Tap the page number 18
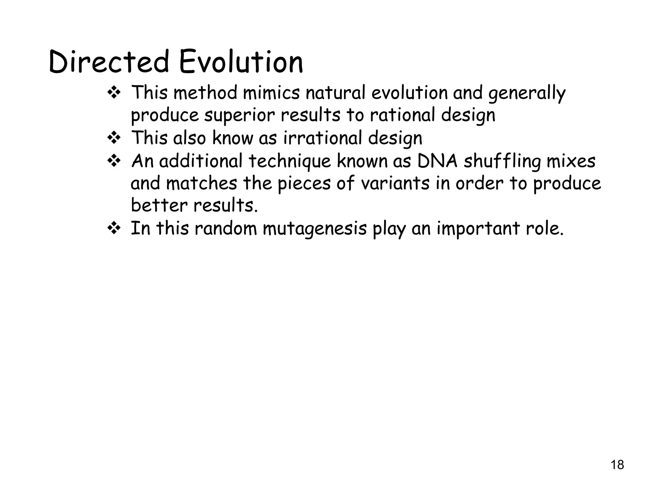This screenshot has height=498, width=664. point(617,465)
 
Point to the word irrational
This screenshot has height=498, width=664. point(322,138)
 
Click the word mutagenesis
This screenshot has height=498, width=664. point(314,229)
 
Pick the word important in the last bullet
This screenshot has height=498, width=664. point(478,229)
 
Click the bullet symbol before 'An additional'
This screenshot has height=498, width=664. point(114,161)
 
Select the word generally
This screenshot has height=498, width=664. point(527,93)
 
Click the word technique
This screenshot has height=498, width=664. point(290,161)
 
